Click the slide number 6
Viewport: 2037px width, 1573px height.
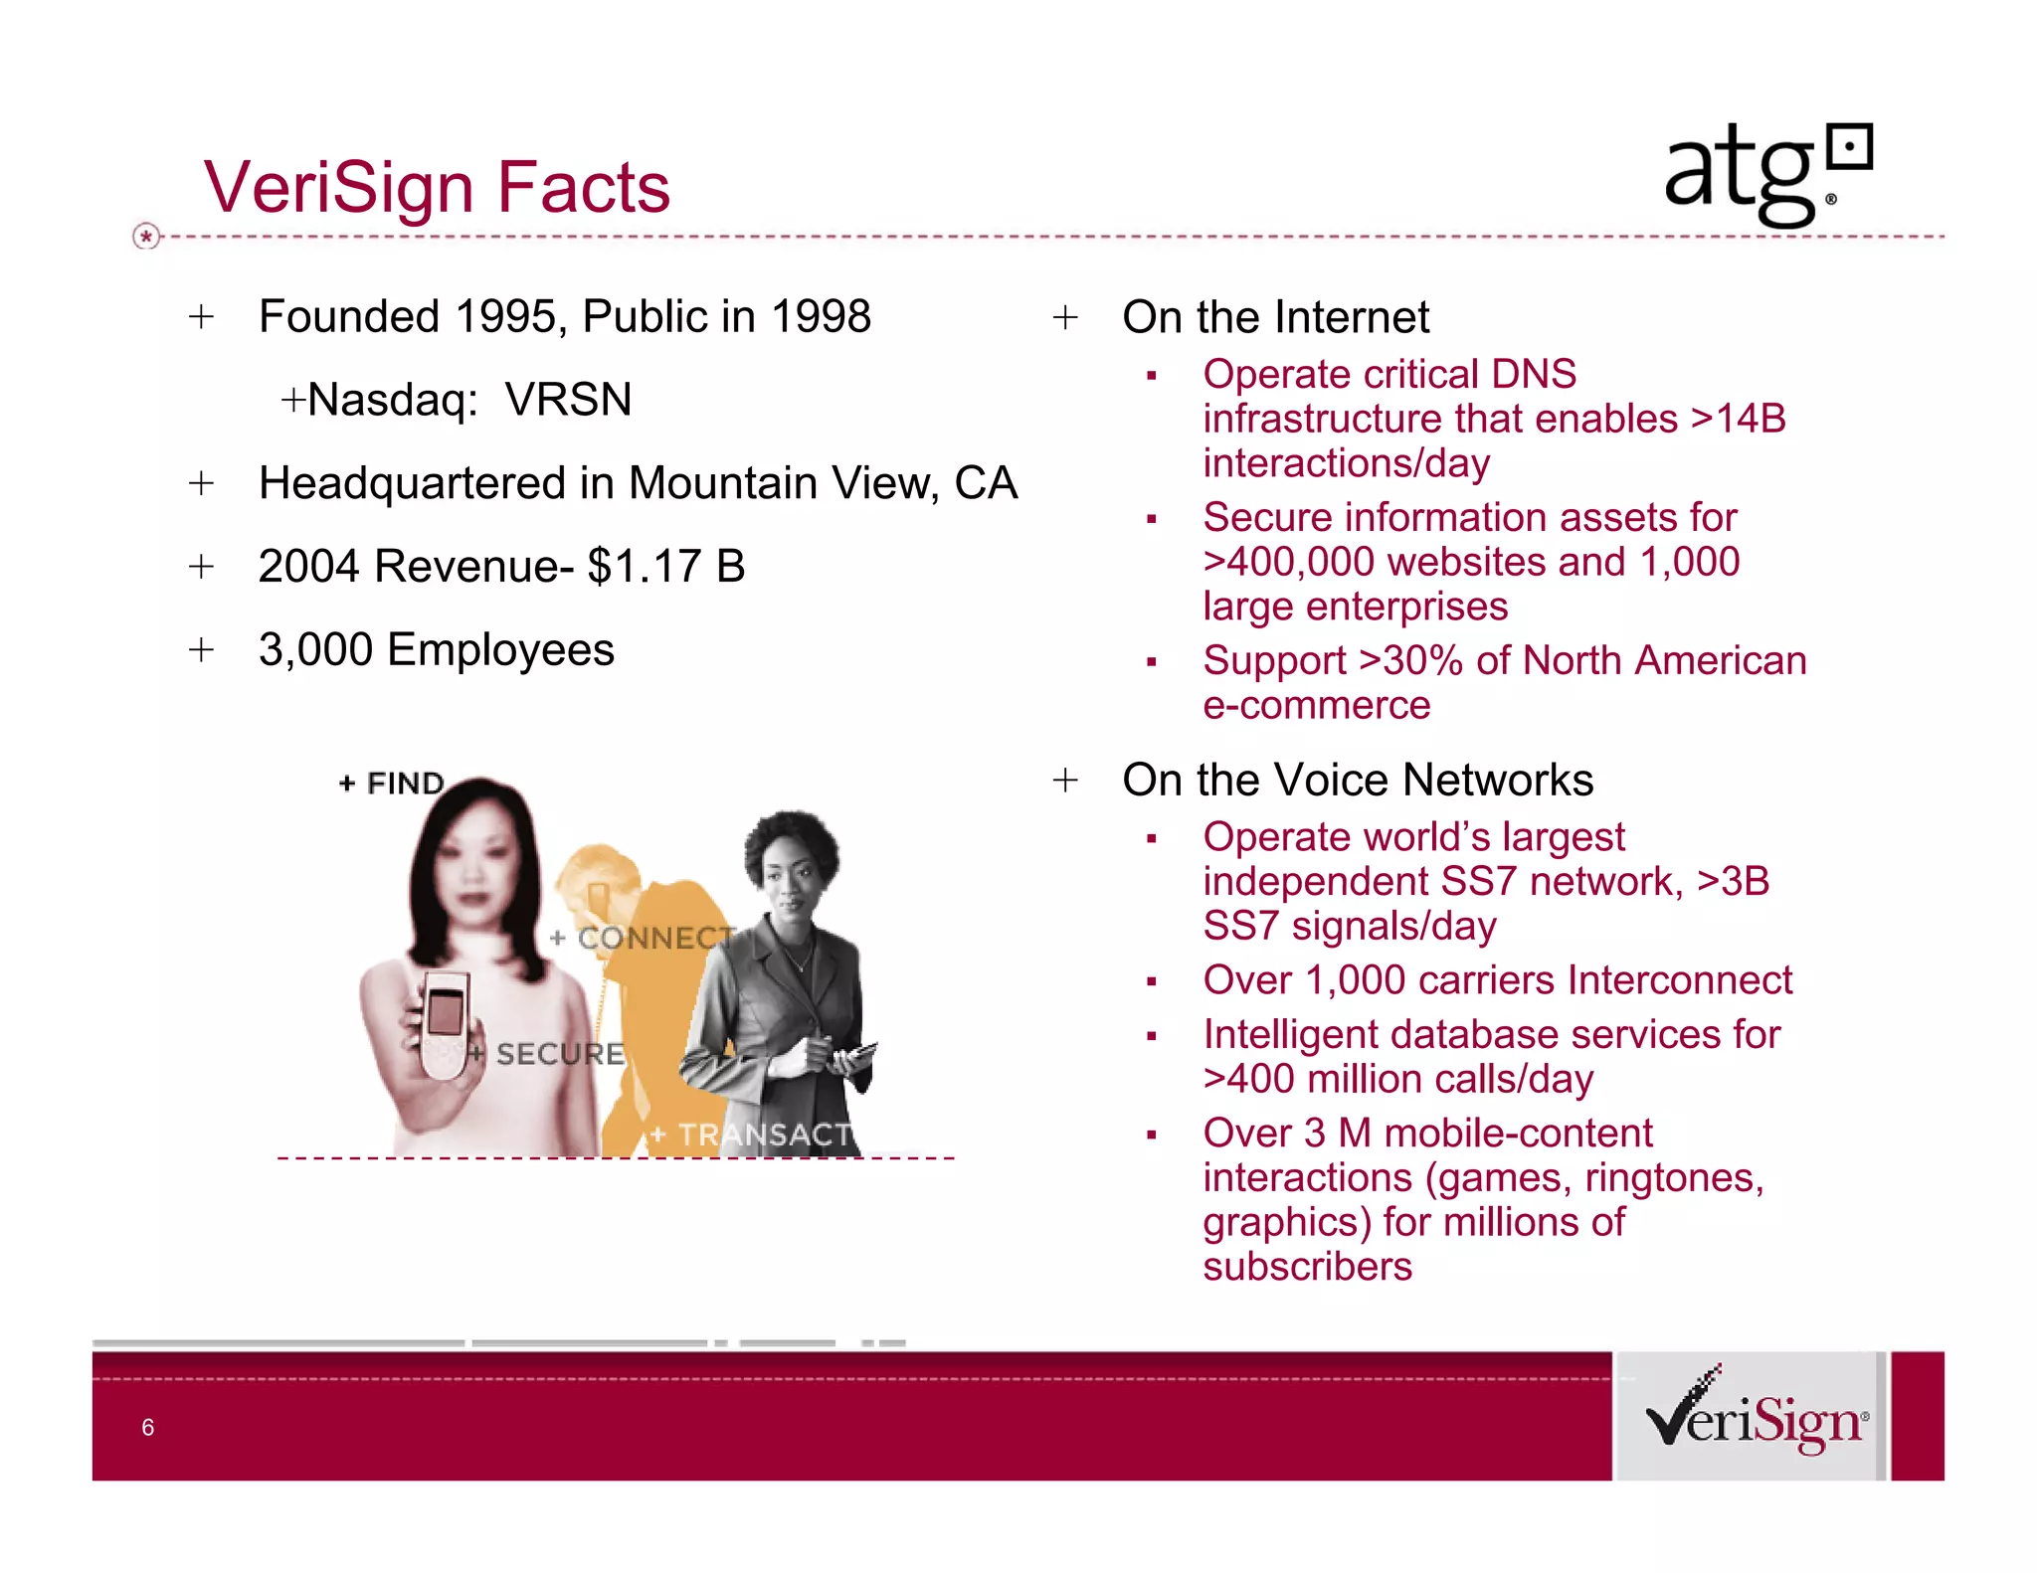[x=148, y=1428]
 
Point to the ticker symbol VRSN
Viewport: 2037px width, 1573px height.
[x=568, y=400]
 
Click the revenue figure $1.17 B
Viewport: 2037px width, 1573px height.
[x=665, y=567]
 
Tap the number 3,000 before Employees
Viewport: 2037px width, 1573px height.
[x=315, y=650]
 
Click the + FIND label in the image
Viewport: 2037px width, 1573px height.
[x=392, y=784]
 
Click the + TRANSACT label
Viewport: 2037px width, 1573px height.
[x=752, y=1135]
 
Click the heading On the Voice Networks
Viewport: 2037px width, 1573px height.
[x=1357, y=781]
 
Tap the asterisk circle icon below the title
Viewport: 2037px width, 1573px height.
[x=146, y=237]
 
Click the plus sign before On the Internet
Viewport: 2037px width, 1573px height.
[x=1065, y=318]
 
